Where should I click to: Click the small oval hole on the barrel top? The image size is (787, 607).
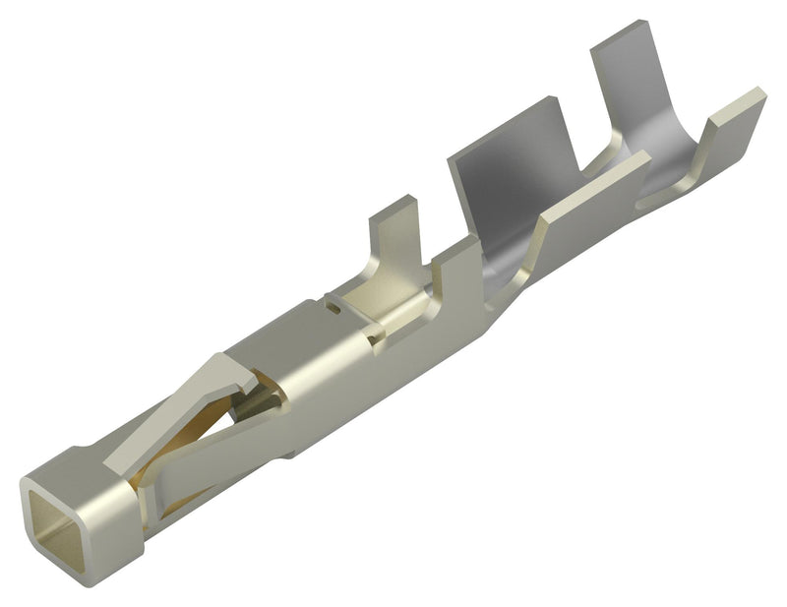333,308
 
